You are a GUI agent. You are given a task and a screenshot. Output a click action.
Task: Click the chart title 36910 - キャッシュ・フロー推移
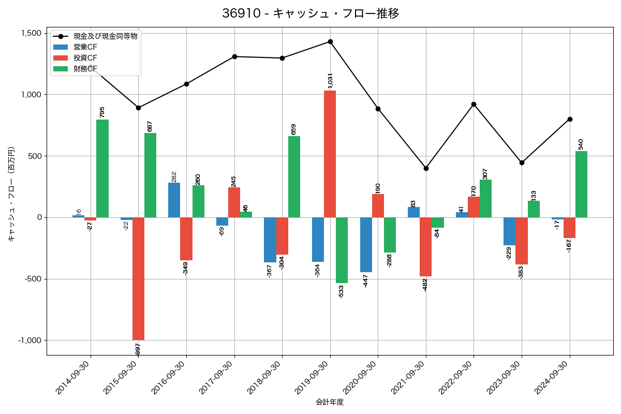pos(310,13)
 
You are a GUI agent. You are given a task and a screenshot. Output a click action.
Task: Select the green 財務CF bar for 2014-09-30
pos(102,168)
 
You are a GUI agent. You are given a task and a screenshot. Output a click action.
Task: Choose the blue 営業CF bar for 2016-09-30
pos(174,200)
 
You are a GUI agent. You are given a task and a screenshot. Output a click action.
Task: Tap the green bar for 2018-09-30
pos(294,176)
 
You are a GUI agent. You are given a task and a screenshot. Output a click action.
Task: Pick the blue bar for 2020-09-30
pos(366,245)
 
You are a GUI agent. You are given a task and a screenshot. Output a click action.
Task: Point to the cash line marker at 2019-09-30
pos(330,41)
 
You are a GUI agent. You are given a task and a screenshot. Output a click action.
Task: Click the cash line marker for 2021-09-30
pos(426,168)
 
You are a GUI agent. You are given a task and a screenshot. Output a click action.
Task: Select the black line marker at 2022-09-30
pos(474,104)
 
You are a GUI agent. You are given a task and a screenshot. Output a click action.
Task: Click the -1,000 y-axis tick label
pos(29,341)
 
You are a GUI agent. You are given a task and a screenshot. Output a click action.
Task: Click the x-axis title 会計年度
pos(330,402)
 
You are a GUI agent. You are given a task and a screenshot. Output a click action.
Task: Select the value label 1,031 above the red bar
pos(330,80)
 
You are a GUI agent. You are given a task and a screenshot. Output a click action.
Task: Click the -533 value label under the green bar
pos(341,291)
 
